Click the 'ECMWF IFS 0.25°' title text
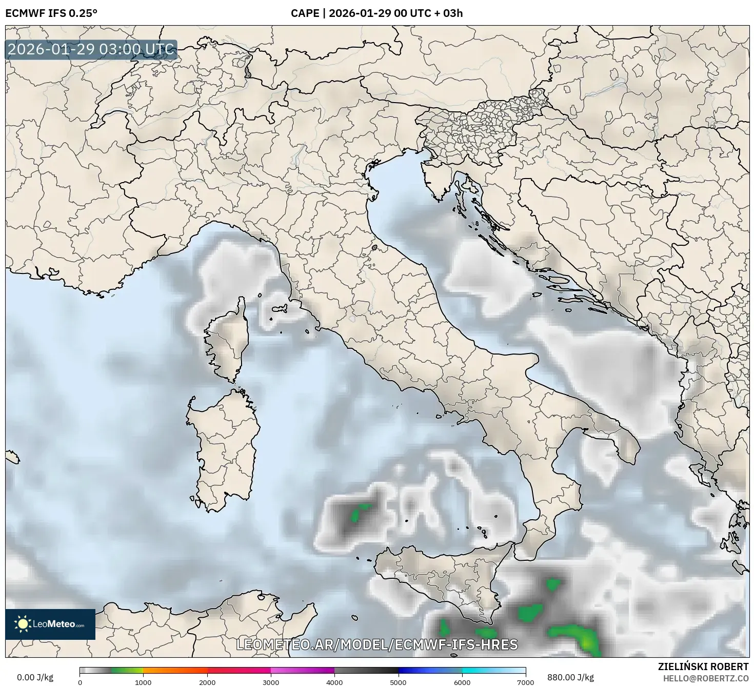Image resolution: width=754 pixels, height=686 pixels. coord(51,13)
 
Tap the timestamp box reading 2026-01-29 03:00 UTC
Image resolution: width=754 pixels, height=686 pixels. coord(91,50)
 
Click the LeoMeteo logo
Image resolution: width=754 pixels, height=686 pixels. coord(50,624)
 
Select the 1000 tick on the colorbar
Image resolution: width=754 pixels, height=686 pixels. coord(143,682)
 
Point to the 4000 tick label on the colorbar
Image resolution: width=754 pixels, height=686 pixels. coord(334,682)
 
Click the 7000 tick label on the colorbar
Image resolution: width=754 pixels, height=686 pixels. coord(526,682)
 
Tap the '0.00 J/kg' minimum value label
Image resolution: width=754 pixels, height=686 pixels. coord(35,677)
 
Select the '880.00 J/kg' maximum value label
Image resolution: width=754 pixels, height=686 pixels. coord(570,677)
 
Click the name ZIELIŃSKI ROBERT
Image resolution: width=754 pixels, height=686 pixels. coord(703,667)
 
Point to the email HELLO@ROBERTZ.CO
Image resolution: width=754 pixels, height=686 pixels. coord(705,678)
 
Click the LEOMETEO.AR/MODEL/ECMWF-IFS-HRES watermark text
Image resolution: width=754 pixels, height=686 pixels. coord(377,644)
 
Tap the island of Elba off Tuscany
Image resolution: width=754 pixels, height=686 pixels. coord(280,309)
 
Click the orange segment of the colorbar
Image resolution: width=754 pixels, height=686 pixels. coord(174,670)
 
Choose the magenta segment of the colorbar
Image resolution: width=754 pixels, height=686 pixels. coord(303,670)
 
